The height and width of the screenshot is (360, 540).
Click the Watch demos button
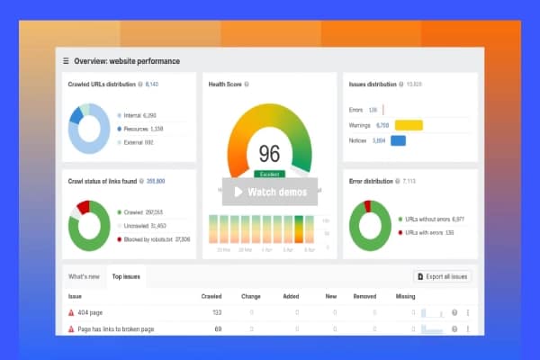click(x=269, y=192)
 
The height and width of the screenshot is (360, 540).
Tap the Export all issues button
click(x=441, y=276)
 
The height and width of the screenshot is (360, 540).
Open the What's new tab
click(x=84, y=276)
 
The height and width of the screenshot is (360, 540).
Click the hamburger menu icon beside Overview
click(x=66, y=61)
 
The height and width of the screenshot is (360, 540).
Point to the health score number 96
click(x=269, y=153)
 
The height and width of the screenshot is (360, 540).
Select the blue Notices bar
click(x=398, y=140)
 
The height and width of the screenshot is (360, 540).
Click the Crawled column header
click(x=211, y=296)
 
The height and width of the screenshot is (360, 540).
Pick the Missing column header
click(x=406, y=296)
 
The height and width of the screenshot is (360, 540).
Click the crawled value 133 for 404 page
click(x=217, y=313)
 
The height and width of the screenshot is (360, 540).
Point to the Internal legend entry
click(x=140, y=115)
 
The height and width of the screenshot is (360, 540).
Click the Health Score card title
click(x=225, y=84)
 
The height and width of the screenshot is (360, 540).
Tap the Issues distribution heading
click(x=372, y=84)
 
